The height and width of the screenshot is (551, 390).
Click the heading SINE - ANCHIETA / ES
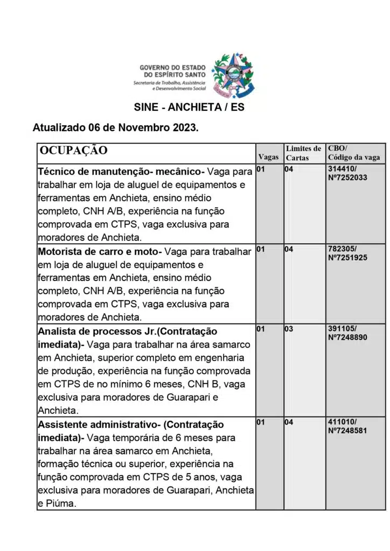pyautogui.click(x=189, y=107)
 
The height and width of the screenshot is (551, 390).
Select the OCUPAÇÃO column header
pyautogui.click(x=73, y=151)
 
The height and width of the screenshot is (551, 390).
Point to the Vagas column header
pyautogui.click(x=268, y=157)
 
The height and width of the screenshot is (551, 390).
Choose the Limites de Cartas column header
pyautogui.click(x=303, y=153)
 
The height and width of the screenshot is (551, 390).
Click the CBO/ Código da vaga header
pyautogui.click(x=354, y=153)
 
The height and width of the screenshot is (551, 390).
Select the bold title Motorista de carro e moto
pyautogui.click(x=99, y=251)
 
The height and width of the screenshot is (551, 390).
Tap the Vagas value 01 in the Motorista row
pyautogui.click(x=261, y=249)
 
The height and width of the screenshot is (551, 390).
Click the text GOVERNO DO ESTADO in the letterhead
pyautogui.click(x=169, y=68)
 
